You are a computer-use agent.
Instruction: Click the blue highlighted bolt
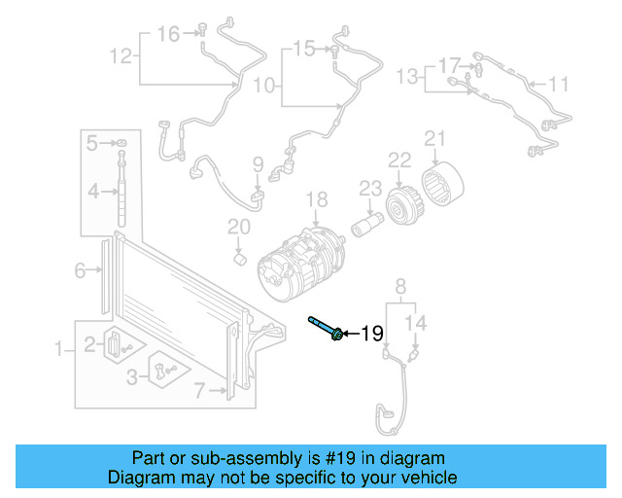(x=325, y=330)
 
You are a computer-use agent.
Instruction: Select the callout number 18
(x=318, y=201)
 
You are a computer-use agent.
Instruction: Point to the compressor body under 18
(x=301, y=264)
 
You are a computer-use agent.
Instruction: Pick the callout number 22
(x=400, y=160)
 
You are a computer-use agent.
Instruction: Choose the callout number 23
(x=370, y=187)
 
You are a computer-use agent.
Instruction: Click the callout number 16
(x=169, y=35)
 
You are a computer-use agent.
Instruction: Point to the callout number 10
(x=264, y=86)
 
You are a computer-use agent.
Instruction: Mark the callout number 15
(x=304, y=48)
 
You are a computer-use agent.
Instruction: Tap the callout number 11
(x=558, y=85)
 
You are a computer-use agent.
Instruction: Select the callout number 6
(x=81, y=271)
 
